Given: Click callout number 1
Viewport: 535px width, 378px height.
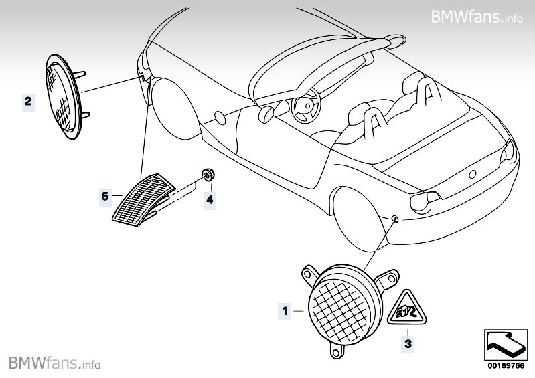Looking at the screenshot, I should tap(284, 310).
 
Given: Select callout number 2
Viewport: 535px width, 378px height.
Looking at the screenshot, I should tap(28, 102).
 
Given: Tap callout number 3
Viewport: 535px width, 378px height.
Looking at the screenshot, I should tap(406, 345).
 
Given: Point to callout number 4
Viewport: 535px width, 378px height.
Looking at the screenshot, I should tap(210, 199).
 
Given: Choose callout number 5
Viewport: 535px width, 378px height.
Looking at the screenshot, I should tap(104, 196).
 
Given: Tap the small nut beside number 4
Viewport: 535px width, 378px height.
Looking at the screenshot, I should tap(208, 175).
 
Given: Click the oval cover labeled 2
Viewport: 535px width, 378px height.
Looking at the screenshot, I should tap(61, 98).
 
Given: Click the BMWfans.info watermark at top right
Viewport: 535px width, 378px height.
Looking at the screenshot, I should tap(477, 16).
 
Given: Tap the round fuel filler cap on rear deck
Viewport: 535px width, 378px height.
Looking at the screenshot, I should tap(472, 173).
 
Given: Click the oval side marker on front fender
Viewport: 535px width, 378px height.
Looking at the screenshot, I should tap(220, 118).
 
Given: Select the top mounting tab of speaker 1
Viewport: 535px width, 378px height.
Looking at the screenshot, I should tap(310, 272).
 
